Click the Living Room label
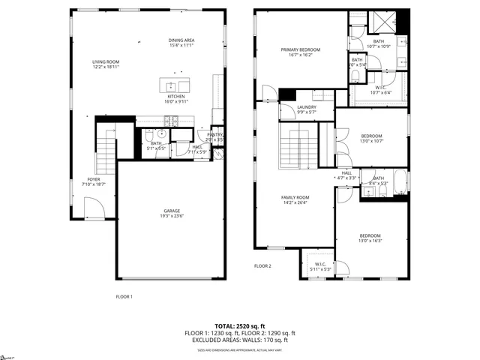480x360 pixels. (x=106, y=64)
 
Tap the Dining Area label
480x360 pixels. (x=181, y=43)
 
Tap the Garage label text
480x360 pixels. (x=172, y=213)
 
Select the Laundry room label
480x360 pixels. (x=306, y=109)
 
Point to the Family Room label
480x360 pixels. (x=295, y=199)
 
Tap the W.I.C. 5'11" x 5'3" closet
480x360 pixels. (x=319, y=265)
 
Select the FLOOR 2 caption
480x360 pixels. (x=262, y=266)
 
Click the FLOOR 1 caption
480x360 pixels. (x=124, y=296)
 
